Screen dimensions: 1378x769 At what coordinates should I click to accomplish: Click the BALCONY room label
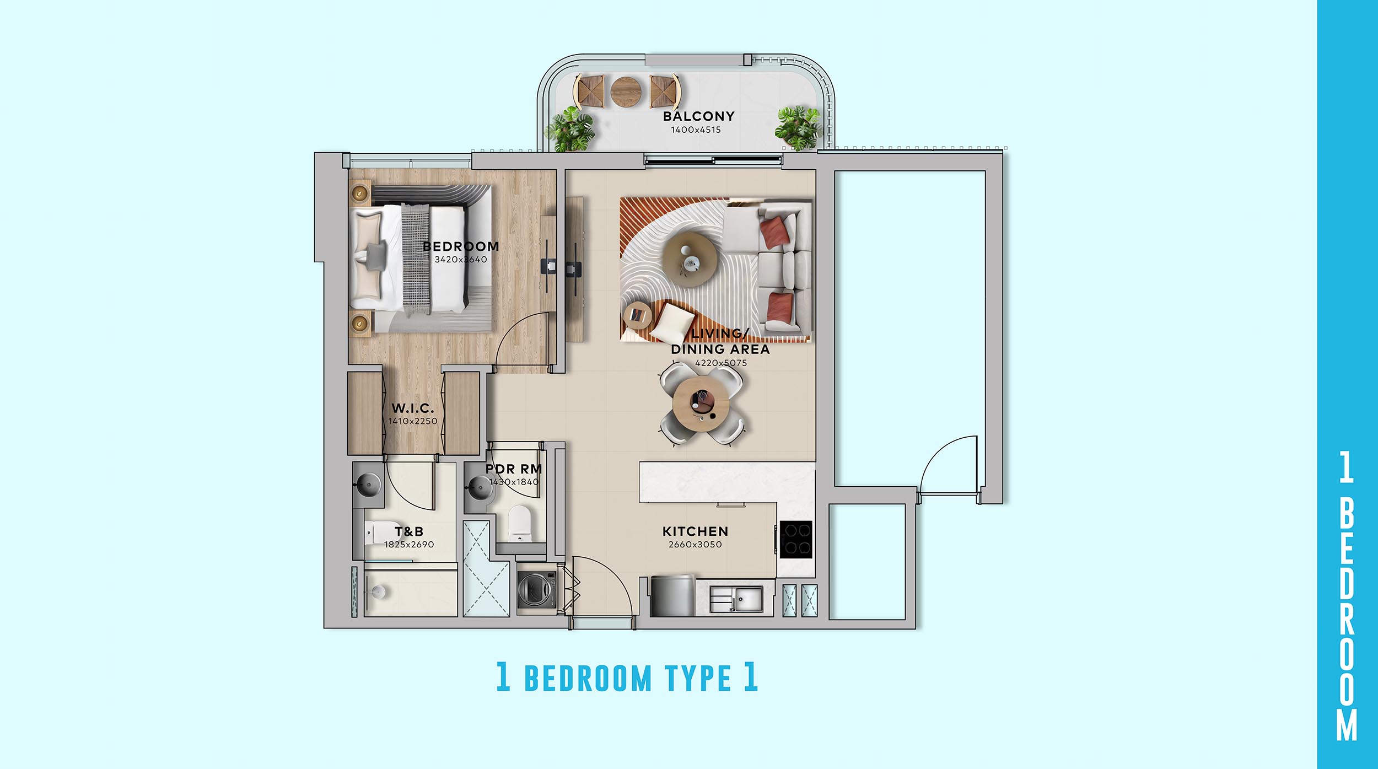coord(698,116)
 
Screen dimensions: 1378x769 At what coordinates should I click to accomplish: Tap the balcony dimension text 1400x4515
coord(696,130)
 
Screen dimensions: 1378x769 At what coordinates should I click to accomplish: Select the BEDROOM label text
coord(461,246)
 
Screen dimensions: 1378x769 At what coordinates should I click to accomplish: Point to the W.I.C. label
coord(413,408)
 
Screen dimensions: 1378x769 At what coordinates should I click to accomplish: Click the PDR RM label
coord(514,469)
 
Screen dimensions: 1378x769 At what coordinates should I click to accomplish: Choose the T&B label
coord(409,531)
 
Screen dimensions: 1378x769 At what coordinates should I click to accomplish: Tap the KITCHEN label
coord(695,531)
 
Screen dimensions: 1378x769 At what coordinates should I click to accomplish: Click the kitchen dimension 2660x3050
coord(695,545)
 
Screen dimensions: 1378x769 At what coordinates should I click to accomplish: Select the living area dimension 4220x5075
coord(721,363)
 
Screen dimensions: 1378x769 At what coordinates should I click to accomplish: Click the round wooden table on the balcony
coord(626,92)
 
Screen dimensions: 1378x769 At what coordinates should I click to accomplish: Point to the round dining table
coord(701,405)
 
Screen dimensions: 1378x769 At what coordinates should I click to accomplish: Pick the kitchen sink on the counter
coord(736,599)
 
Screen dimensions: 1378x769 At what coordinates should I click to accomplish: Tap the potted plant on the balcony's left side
coord(570,130)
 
